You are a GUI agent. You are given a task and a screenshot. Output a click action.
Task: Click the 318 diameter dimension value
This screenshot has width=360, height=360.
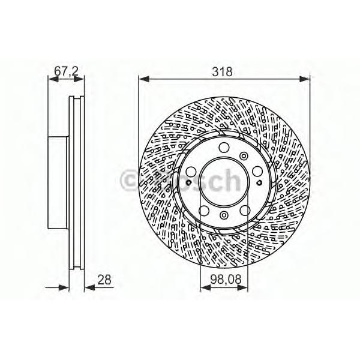(x=222, y=71)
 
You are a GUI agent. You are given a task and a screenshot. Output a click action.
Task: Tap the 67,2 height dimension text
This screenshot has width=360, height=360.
(x=67, y=71)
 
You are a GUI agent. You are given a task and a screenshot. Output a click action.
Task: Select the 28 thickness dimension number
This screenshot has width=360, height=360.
(x=104, y=280)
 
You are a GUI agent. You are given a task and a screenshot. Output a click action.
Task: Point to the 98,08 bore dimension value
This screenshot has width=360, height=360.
(x=226, y=280)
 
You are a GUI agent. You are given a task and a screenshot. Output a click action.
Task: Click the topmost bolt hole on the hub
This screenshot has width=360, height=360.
(x=224, y=148)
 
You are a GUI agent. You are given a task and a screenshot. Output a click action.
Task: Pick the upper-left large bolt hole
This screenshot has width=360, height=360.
(x=191, y=172)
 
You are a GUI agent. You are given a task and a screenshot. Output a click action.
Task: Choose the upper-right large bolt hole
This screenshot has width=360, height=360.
(x=257, y=172)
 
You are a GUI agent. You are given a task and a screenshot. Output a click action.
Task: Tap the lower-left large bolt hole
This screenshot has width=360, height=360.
(x=203, y=211)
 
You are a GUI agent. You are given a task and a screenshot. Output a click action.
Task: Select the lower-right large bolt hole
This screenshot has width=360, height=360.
(x=245, y=211)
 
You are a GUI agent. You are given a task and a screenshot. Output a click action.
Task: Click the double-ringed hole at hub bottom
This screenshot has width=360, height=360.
(x=224, y=215)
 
